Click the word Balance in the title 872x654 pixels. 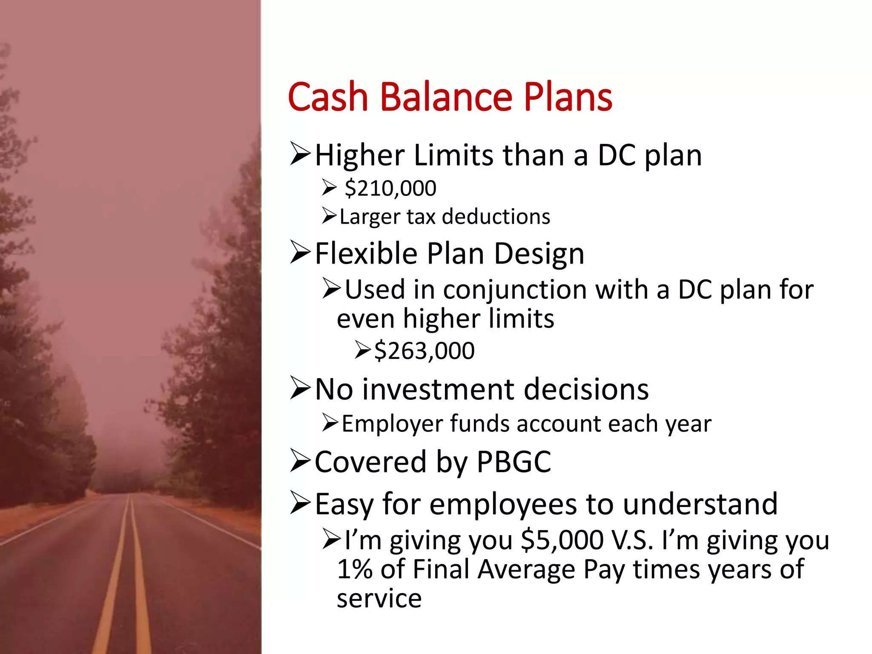[x=446, y=97]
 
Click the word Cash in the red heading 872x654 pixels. [x=328, y=97]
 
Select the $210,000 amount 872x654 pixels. [x=390, y=188]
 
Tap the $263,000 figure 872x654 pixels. [x=424, y=351]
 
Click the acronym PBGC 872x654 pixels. [x=513, y=462]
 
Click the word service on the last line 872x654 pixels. [x=379, y=598]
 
